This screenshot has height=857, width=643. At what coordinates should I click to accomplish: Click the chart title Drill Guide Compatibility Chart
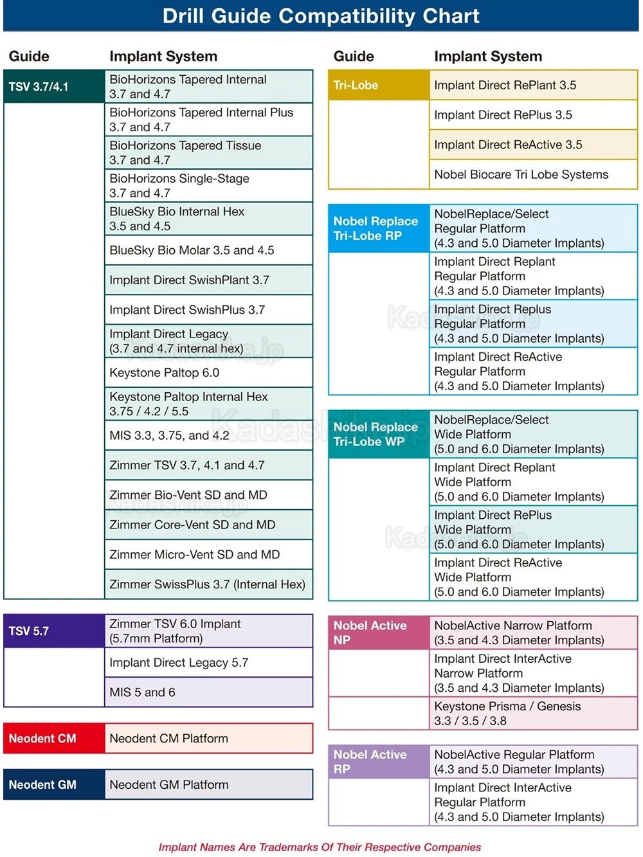[x=321, y=16]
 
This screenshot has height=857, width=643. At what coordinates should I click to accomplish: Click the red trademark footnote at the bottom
[x=320, y=847]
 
